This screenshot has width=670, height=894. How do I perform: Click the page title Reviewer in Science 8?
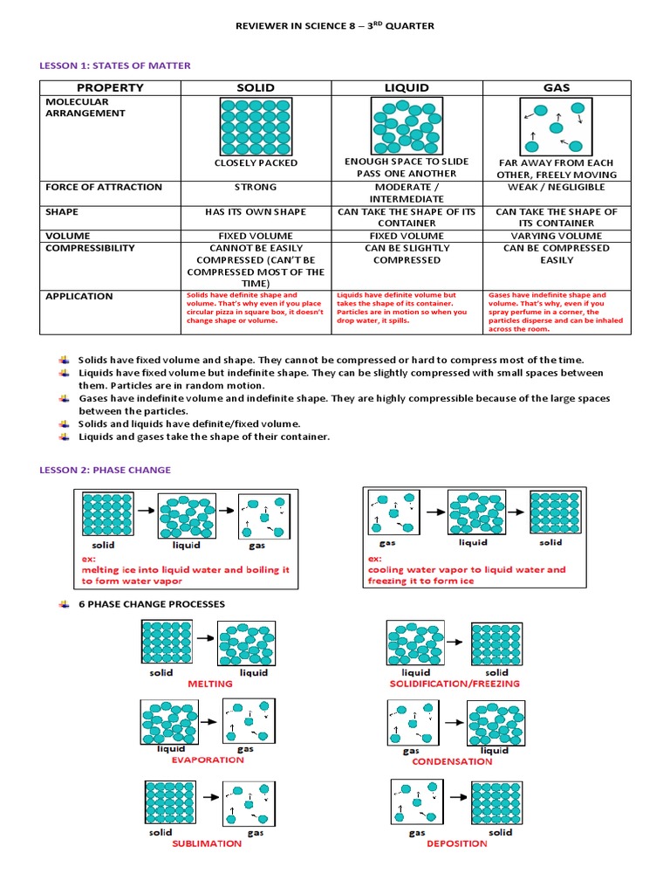335,26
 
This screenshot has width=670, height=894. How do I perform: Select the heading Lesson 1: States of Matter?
115,65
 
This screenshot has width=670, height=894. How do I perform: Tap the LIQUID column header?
407,87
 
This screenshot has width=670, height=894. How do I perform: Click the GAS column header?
557,87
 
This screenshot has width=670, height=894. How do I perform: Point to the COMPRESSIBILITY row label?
90,248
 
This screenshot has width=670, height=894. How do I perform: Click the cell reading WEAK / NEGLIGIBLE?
557,187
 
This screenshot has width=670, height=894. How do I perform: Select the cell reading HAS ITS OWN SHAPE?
256,212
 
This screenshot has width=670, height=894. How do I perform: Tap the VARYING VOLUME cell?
557,236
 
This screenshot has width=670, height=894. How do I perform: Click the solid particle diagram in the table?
256,126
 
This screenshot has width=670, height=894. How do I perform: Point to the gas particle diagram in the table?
557,126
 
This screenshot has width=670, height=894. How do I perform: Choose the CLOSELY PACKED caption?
256,163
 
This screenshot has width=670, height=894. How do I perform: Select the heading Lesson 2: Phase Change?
106,470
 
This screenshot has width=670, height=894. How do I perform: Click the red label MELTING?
210,684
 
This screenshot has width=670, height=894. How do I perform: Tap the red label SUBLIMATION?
207,843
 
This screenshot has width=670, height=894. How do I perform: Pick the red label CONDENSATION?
452,761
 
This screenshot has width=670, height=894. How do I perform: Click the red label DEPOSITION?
457,843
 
